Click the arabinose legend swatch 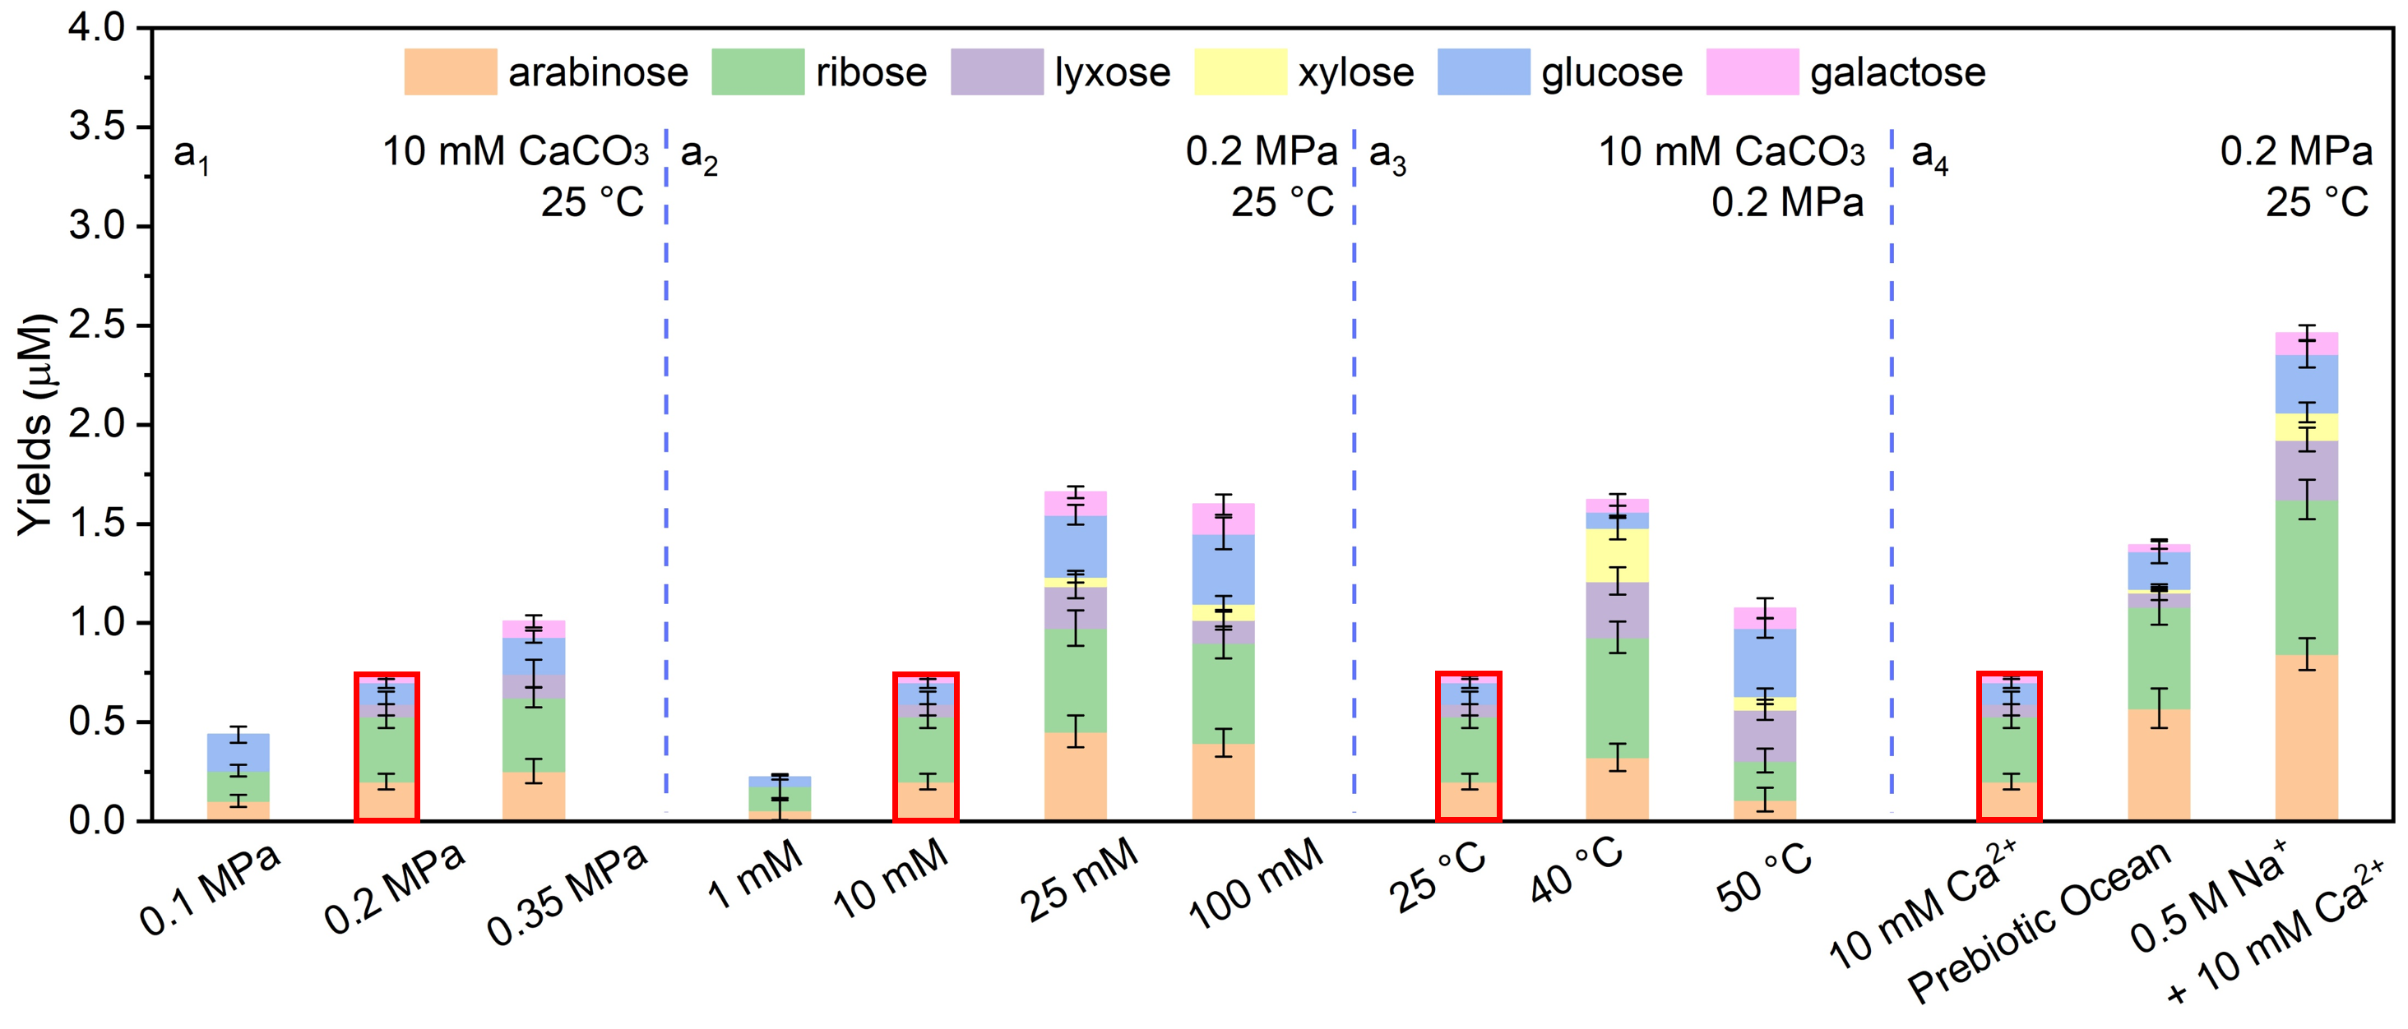tap(450, 72)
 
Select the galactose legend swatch tap(1752, 72)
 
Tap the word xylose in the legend tap(1355, 72)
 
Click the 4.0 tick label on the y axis tap(96, 28)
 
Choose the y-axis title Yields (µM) tap(35, 425)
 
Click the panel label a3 tap(1387, 155)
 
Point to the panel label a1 tap(192, 155)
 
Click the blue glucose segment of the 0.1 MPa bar tap(238, 752)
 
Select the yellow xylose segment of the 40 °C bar tap(1617, 555)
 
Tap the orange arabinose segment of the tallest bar tap(2306, 737)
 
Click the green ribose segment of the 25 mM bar tap(1075, 681)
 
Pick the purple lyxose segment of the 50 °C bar tap(1765, 736)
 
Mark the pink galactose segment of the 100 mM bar tap(1224, 519)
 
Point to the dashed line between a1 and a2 tap(666, 468)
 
